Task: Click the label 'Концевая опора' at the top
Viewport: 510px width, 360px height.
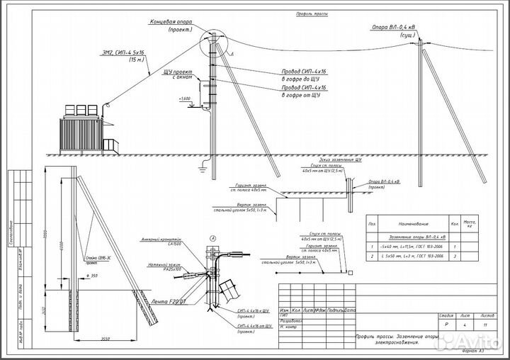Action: point(174,22)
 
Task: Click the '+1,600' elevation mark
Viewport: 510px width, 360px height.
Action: point(186,98)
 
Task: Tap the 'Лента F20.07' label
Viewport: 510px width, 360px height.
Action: point(169,301)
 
